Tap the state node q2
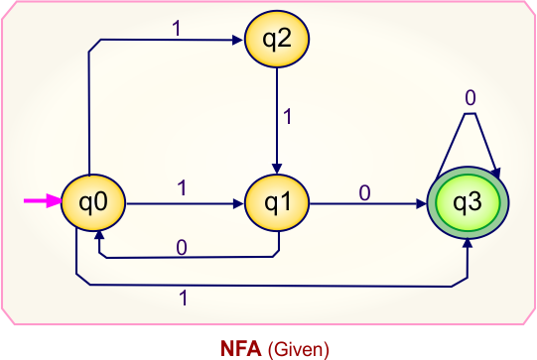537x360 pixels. pos(277,41)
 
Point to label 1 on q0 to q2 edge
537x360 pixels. pos(177,29)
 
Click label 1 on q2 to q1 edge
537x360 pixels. pos(288,116)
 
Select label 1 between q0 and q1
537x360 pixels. pos(182,186)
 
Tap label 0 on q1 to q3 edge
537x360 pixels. pos(364,192)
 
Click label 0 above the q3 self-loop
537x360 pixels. pos(470,98)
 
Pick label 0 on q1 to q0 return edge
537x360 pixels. pos(182,246)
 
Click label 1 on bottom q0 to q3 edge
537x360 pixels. pos(184,297)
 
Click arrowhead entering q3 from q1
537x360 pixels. pos(423,205)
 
